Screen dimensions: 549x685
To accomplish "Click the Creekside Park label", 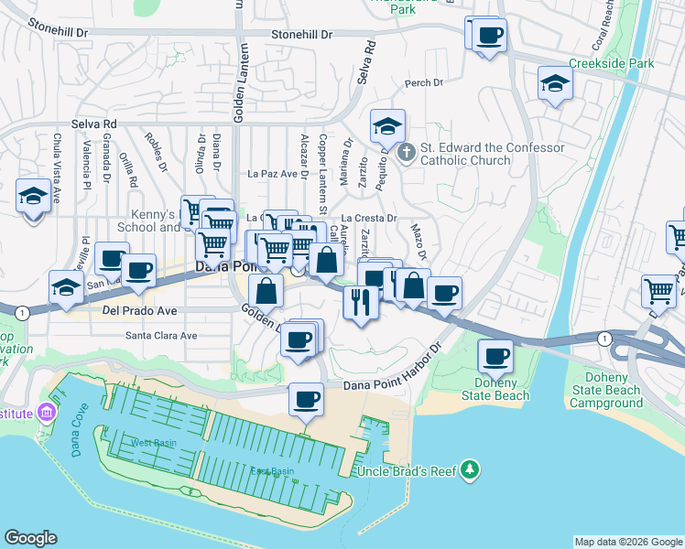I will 611,64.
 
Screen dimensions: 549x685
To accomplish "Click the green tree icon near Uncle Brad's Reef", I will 471,468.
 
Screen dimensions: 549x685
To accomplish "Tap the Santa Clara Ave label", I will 161,336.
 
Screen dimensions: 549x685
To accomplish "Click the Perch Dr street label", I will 424,83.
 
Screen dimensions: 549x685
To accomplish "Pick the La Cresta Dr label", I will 369,219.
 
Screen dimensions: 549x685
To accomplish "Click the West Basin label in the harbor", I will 153,443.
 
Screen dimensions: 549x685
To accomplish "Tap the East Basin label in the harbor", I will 272,471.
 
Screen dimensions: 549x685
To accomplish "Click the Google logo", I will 30,538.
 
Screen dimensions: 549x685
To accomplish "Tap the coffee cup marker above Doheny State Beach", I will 495,356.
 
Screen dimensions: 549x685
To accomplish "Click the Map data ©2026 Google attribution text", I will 627,542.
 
